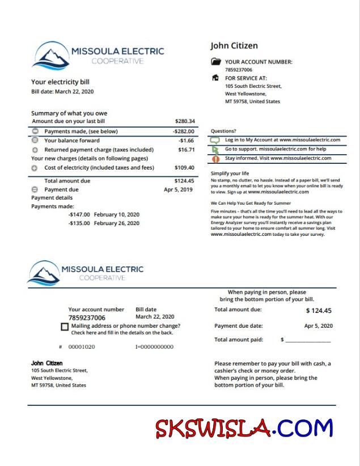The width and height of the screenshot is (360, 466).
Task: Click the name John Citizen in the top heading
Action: pos(234,46)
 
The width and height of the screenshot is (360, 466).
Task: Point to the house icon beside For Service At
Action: pos(215,78)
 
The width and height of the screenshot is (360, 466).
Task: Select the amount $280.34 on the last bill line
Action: pos(185,121)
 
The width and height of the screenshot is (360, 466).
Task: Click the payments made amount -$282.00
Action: pos(184,131)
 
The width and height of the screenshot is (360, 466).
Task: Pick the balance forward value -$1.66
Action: pos(187,141)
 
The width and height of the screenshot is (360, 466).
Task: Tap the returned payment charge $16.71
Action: pos(187,150)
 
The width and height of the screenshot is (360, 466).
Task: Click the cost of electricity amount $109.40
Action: pos(184,168)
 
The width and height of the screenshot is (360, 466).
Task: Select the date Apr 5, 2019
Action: pos(179,189)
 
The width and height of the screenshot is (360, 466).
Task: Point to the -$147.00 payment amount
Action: pos(79,215)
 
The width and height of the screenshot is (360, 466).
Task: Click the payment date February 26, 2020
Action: pos(117,223)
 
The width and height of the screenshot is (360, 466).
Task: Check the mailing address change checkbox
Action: pos(65,327)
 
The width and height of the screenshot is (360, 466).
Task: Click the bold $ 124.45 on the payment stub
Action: pos(319,311)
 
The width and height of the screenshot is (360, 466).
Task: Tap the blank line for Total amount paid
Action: pos(308,340)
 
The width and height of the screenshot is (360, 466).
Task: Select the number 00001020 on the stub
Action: pos(82,346)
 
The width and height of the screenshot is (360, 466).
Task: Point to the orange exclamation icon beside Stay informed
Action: pos(215,159)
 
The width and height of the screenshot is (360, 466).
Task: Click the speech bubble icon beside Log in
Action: pos(215,140)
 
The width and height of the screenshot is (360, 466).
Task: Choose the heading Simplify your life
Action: pos(230,173)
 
